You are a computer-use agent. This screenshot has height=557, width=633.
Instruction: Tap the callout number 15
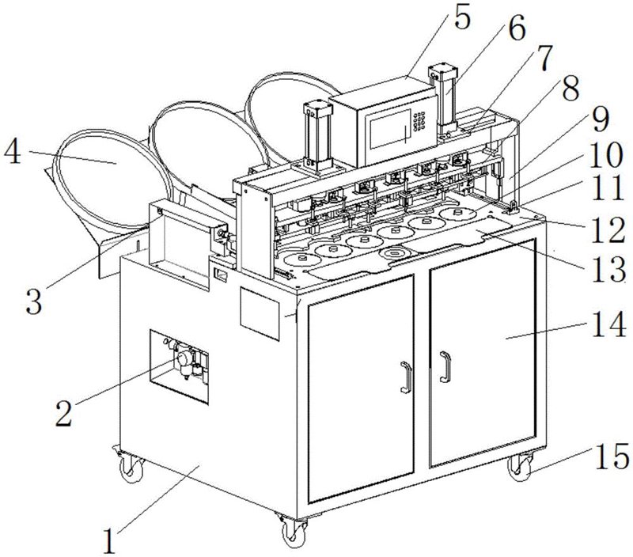click(612, 456)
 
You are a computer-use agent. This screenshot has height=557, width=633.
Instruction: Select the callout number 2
click(64, 413)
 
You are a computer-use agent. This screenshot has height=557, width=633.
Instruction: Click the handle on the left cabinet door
click(406, 377)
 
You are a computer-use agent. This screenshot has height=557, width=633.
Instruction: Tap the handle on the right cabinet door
click(445, 366)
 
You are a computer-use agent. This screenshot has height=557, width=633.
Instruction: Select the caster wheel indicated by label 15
click(521, 467)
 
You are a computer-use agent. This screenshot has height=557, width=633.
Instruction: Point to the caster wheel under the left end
click(129, 465)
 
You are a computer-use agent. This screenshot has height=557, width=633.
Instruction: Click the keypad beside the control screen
click(419, 121)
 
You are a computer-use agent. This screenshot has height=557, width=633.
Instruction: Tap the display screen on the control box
click(388, 129)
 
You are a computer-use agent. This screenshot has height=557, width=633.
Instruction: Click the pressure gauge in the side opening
click(184, 358)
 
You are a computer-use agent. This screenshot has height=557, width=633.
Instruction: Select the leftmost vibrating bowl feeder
click(112, 177)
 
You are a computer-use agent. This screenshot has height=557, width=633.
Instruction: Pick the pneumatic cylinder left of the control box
click(318, 136)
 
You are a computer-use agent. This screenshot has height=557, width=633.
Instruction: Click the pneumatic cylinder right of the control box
click(444, 98)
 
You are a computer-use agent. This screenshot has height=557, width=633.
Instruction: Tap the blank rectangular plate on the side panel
click(260, 314)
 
